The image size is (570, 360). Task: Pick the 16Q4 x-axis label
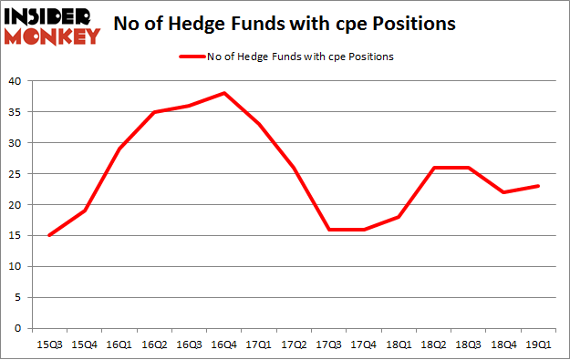pos(223,344)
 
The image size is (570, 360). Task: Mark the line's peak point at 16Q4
pos(223,93)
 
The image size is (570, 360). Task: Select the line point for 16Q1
pos(119,149)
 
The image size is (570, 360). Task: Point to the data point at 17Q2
pos(294,168)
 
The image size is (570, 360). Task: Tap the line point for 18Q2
pos(434,168)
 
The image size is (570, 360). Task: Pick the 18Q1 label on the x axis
pos(399,344)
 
